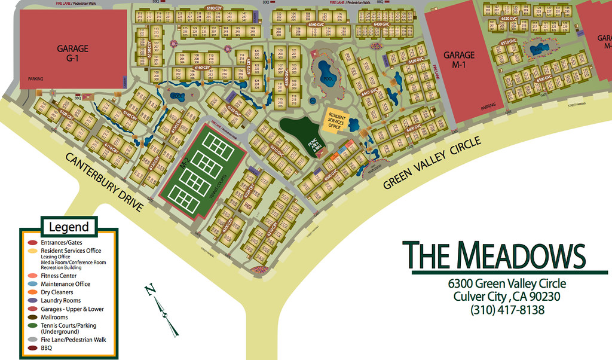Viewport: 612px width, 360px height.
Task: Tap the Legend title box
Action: point(68,227)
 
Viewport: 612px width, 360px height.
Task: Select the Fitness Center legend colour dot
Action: point(33,276)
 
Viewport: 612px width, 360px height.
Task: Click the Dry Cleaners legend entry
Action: point(57,292)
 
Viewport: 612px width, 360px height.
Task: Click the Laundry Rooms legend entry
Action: point(60,301)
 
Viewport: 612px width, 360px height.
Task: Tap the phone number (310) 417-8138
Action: point(507,310)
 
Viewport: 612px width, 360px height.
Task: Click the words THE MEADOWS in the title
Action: point(494,255)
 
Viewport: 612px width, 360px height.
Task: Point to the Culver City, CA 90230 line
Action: point(507,297)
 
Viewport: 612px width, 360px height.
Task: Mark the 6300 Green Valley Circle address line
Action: point(507,283)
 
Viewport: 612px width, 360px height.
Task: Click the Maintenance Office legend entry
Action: point(66,284)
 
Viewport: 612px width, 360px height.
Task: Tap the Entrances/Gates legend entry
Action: point(62,243)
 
